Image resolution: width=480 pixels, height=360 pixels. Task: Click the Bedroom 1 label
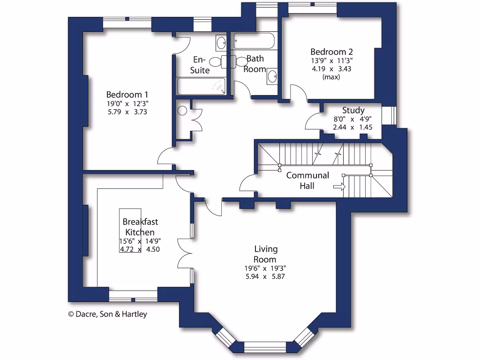pyautogui.click(x=127, y=94)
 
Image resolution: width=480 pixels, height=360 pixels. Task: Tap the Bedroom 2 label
pyautogui.click(x=331, y=52)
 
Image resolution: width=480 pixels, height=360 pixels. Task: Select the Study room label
pyautogui.click(x=353, y=111)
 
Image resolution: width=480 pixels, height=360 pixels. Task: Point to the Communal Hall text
pyautogui.click(x=307, y=180)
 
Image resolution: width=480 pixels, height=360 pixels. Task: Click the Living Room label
pyautogui.click(x=265, y=254)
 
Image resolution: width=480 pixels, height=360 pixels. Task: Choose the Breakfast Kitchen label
pyautogui.click(x=139, y=226)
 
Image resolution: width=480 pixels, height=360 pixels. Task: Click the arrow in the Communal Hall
pyautogui.click(x=339, y=187)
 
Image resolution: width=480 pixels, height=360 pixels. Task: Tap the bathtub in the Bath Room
pyautogui.click(x=254, y=41)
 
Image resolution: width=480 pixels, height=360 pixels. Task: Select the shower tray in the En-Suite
pyautogui.click(x=201, y=86)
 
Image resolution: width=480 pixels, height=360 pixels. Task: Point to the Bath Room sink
pyautogui.click(x=272, y=76)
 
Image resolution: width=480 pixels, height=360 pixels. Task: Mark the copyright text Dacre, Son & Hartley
pyautogui.click(x=107, y=314)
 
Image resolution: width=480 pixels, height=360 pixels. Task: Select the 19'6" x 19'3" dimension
pyautogui.click(x=265, y=268)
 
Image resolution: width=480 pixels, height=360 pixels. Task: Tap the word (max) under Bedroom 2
pyautogui.click(x=331, y=77)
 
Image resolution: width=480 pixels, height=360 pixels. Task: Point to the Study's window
pyautogui.click(x=389, y=116)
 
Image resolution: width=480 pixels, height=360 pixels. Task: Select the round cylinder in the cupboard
pyautogui.click(x=183, y=111)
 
